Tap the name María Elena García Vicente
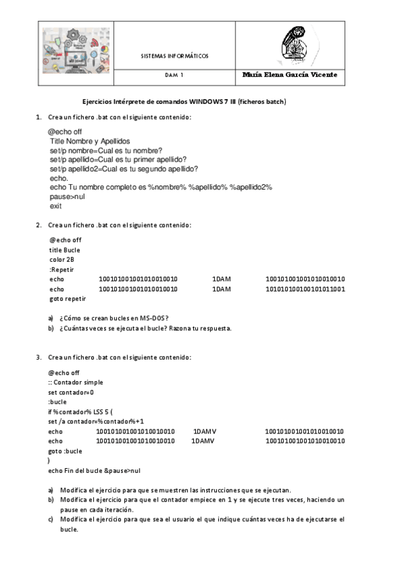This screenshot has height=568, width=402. (289, 75)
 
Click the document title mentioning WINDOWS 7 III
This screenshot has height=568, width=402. (184, 102)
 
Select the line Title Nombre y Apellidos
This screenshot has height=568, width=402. (89, 141)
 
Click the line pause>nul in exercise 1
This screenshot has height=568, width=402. (67, 197)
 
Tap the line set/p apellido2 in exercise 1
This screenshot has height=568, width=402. (128, 169)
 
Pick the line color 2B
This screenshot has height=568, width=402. (62, 259)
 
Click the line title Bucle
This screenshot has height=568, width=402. (64, 249)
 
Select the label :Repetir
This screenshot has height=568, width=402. (62, 269)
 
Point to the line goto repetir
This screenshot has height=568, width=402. (68, 299)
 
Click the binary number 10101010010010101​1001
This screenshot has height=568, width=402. (305, 289)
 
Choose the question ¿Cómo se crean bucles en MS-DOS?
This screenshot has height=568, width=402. (113, 317)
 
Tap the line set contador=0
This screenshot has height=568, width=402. (71, 392)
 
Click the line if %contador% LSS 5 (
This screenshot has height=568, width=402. (81, 411)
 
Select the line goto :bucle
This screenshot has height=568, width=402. (65, 451)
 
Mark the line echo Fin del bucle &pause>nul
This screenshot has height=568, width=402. (94, 470)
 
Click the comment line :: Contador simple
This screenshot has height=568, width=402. (76, 382)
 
